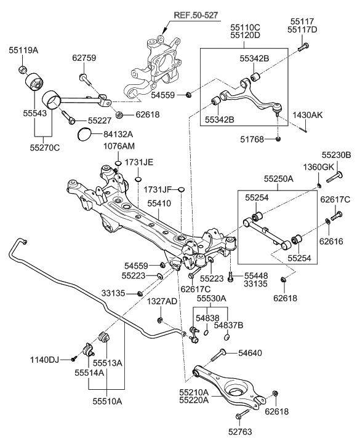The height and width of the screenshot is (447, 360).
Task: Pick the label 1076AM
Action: click(118, 146)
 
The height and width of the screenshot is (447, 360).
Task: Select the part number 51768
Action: click(254, 140)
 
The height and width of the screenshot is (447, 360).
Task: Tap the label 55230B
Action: click(337, 155)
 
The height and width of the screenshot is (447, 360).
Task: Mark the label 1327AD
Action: click(162, 302)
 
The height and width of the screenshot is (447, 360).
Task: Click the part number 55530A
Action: click(212, 298)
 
